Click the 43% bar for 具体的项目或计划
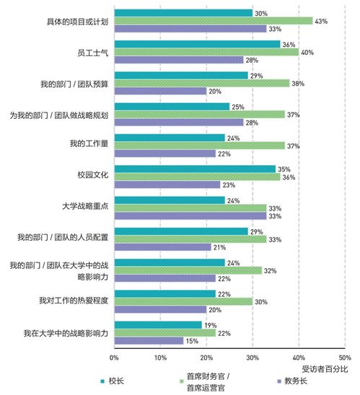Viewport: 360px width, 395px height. (214, 21)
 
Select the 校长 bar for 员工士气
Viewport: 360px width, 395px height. (197, 44)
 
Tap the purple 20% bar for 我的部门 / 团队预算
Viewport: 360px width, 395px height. (160, 91)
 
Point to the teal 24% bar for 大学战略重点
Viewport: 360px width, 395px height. (170, 200)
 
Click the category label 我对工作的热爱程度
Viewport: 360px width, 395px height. (75, 301)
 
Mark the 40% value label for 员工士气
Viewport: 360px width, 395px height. (307, 52)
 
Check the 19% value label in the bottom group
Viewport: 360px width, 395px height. (210, 325)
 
